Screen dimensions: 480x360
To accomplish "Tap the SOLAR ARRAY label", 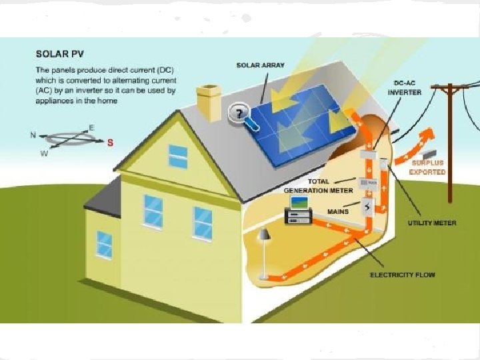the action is [260, 65].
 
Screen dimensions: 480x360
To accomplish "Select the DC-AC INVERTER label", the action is [405, 88].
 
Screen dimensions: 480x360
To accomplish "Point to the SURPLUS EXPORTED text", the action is [427, 167].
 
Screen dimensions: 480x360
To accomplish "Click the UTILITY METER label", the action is [432, 223].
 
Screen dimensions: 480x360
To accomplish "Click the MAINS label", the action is [338, 211].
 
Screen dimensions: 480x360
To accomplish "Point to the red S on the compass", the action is [110, 142].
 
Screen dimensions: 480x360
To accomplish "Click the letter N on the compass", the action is [33, 135].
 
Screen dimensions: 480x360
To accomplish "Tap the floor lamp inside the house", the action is [264, 250].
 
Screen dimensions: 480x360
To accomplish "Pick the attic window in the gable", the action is [178, 156].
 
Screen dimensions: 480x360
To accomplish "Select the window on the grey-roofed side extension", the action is [104, 243].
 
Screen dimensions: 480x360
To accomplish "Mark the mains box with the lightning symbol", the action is [367, 207].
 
